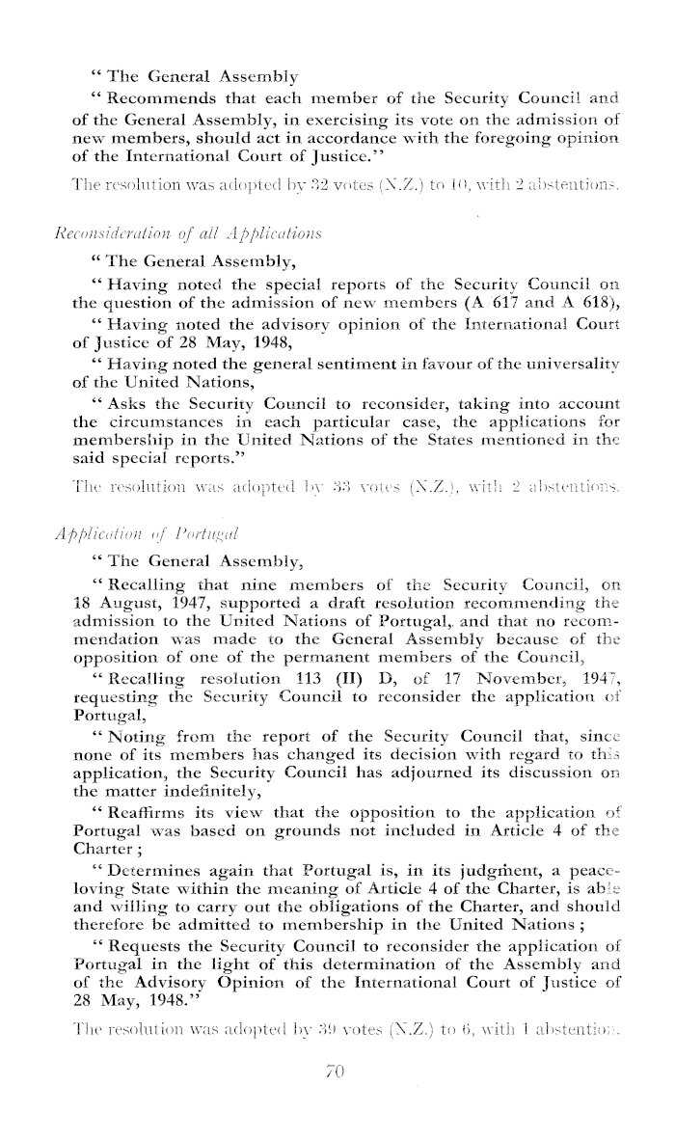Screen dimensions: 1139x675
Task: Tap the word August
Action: pyautogui.click(x=126, y=630)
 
